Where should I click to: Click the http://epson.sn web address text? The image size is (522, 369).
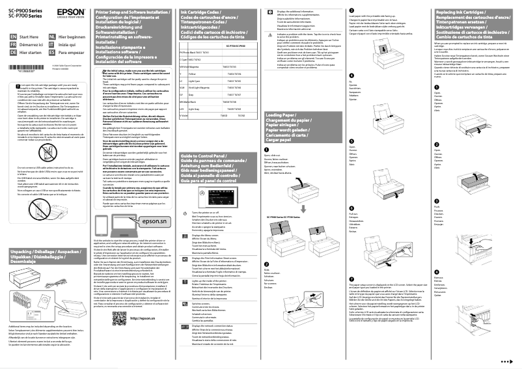coord(143,336)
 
